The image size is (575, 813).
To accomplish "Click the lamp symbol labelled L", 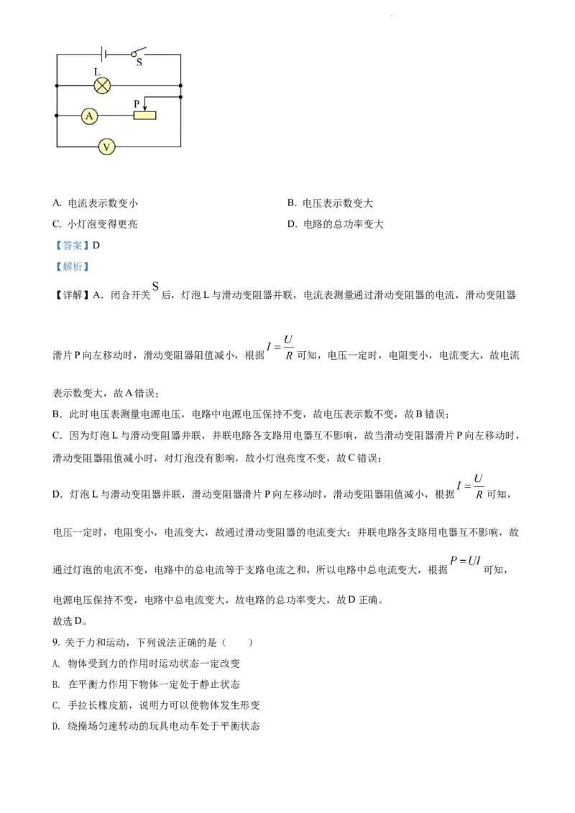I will pyautogui.click(x=102, y=85).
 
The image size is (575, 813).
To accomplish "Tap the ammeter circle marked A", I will pyautogui.click(x=88, y=116).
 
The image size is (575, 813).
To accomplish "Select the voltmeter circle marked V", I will pyautogui.click(x=106, y=147).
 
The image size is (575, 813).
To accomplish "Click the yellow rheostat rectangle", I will pyautogui.click(x=144, y=116).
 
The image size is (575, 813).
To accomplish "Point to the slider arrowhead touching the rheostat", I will pyautogui.click(x=145, y=108).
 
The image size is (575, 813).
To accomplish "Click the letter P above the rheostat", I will pyautogui.click(x=137, y=103).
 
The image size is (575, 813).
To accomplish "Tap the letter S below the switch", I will pyautogui.click(x=139, y=62).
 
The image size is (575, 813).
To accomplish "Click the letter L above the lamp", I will pyautogui.click(x=97, y=73).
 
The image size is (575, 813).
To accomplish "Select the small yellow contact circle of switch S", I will pyautogui.click(x=133, y=54).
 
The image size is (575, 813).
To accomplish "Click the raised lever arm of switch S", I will pyautogui.click(x=140, y=50).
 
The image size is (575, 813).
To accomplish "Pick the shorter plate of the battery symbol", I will pyautogui.click(x=107, y=54).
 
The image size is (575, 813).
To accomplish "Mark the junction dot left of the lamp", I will pyautogui.click(x=56, y=85).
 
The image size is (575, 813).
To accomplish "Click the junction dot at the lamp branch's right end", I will pyautogui.click(x=180, y=85).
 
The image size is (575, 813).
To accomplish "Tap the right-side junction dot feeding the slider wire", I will pyautogui.click(x=180, y=96).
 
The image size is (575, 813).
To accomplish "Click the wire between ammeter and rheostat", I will pyautogui.click(x=115, y=116).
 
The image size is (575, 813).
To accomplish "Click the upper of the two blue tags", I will pyautogui.click(x=72, y=245).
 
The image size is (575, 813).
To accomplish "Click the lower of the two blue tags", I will pyautogui.click(x=72, y=267).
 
